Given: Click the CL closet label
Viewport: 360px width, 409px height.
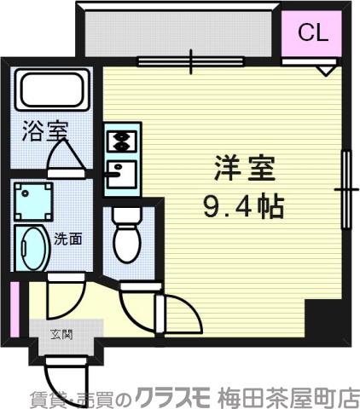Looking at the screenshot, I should (x=312, y=33).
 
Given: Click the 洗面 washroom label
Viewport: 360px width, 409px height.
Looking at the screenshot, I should (x=68, y=239).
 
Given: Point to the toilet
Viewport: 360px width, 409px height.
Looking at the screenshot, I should (x=129, y=238).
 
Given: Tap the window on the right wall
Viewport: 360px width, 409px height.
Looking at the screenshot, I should (x=346, y=187).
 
